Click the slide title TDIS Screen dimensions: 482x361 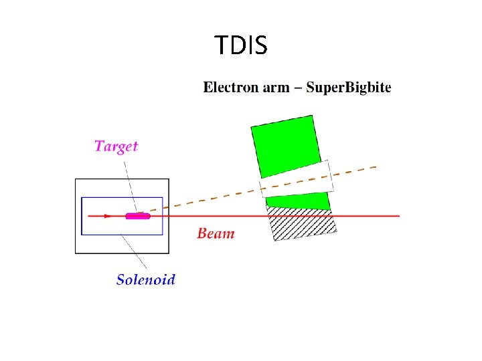coord(241,46)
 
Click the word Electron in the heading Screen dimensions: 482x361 coord(230,88)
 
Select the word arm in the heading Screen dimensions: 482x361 coord(275,88)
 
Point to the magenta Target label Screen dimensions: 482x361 coord(116,146)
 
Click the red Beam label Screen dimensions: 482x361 coord(216,233)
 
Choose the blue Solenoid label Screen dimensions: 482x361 coord(146,279)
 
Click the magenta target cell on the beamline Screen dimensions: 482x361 coord(138,216)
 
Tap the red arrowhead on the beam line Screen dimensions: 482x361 coord(108,216)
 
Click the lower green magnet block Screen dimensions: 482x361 coord(299,201)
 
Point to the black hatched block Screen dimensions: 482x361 coord(303,223)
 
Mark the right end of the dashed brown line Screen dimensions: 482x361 coord(376,166)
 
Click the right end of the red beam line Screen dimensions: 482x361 coord(399,216)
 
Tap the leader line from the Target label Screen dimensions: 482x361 coord(131,180)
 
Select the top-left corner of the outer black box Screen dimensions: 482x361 coord(76,179)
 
